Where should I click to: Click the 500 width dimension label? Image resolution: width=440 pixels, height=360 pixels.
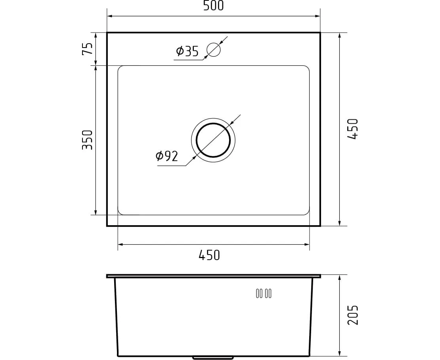click(x=214, y=6)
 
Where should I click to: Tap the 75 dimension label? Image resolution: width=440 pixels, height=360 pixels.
click(x=87, y=49)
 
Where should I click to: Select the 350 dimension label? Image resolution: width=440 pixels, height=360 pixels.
click(x=87, y=140)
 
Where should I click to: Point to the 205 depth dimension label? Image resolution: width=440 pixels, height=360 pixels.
click(x=353, y=315)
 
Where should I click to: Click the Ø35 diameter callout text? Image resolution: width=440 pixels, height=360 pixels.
click(x=187, y=51)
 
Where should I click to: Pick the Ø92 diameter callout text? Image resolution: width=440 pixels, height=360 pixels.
click(x=166, y=156)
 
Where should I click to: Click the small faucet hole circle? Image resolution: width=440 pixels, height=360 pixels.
click(x=214, y=50)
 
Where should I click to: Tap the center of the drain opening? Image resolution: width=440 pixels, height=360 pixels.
click(x=213, y=140)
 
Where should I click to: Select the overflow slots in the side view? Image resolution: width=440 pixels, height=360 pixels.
click(x=264, y=293)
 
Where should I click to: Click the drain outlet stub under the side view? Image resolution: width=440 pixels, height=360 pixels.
click(x=213, y=358)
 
